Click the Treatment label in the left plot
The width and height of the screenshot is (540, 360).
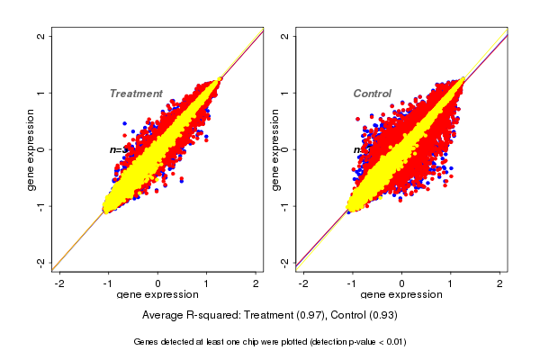tap(136, 94)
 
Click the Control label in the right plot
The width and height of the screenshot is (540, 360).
tap(372, 94)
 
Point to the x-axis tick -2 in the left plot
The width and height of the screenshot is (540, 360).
tap(59, 283)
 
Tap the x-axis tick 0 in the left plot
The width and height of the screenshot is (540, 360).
tap(158, 283)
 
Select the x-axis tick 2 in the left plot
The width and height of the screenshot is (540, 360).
tap(257, 283)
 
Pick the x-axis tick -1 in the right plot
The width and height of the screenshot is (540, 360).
tap(353, 283)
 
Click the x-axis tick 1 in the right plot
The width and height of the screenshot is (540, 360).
tap(451, 283)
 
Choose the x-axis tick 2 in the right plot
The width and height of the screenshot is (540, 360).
tap(500, 283)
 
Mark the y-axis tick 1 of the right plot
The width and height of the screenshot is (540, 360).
tap(285, 93)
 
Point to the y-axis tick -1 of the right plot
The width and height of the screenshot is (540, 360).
tap(285, 205)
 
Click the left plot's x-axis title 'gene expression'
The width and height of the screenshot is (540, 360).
tap(157, 295)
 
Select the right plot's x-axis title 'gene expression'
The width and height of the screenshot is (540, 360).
tap(401, 295)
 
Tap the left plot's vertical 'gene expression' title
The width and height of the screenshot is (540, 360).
tap(31, 149)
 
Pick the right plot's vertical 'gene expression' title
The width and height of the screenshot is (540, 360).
tap(274, 149)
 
